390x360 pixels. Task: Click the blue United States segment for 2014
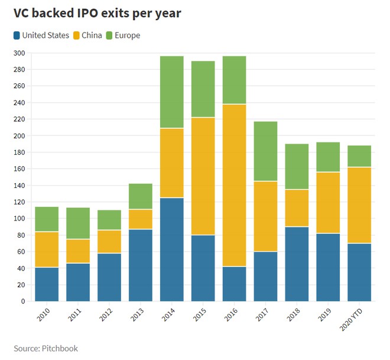click(172, 249)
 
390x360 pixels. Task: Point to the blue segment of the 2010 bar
click(47, 284)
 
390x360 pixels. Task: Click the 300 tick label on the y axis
click(19, 53)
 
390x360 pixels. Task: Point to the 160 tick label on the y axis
click(19, 169)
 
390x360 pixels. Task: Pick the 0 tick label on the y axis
click(22, 301)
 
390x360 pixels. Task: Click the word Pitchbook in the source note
click(60, 348)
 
